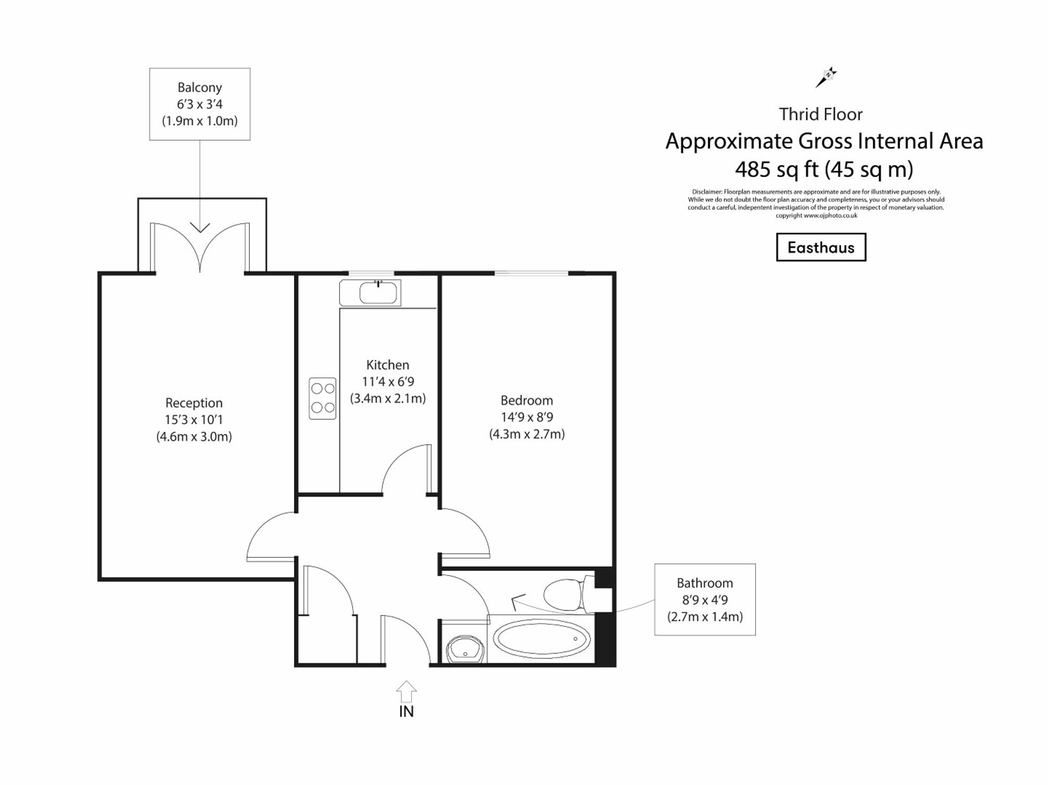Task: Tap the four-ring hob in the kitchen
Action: (x=322, y=399)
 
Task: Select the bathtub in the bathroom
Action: (x=543, y=639)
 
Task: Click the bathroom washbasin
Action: (x=465, y=649)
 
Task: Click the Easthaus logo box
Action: (x=821, y=247)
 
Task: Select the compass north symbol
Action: (x=826, y=77)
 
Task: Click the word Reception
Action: (x=194, y=403)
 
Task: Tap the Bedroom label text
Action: (x=527, y=401)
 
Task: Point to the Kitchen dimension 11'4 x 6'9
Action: (x=388, y=382)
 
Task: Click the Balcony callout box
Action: (x=200, y=104)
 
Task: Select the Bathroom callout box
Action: (x=705, y=600)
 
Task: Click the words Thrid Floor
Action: (x=821, y=114)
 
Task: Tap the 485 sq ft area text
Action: (x=777, y=169)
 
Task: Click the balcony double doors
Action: (x=200, y=246)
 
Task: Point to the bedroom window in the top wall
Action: (x=531, y=273)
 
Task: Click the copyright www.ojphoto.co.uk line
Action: (x=816, y=215)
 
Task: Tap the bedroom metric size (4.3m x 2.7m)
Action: (x=527, y=434)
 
